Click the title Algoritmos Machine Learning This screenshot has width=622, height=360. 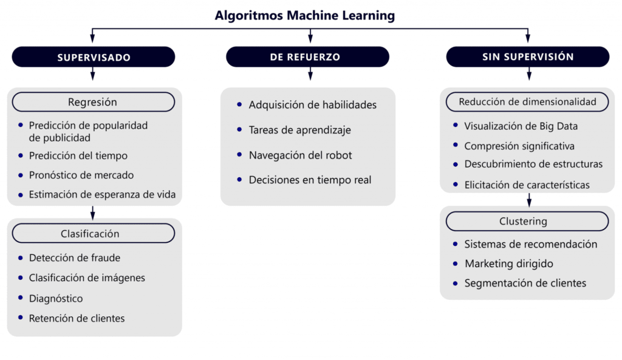point(304,15)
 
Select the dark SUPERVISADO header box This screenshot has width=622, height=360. point(94,57)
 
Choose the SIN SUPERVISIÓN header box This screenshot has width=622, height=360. point(528,56)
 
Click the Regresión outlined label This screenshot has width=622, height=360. point(93,102)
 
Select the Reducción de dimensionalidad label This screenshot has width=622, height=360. point(527,102)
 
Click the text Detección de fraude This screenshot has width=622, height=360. point(75,258)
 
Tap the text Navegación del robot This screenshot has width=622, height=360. point(300,155)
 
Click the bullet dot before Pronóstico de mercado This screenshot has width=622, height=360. point(20,175)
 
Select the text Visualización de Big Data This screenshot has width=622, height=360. point(521,127)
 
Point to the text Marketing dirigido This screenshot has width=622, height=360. point(508,264)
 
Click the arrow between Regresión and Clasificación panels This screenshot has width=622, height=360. point(93,212)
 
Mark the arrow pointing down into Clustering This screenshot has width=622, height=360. point(529,200)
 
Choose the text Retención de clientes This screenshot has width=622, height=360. point(77,318)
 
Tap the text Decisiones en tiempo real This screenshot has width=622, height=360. point(310,180)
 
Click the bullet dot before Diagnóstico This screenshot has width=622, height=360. point(20,298)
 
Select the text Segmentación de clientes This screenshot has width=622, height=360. point(525,284)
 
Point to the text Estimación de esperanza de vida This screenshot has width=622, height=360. point(103,195)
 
